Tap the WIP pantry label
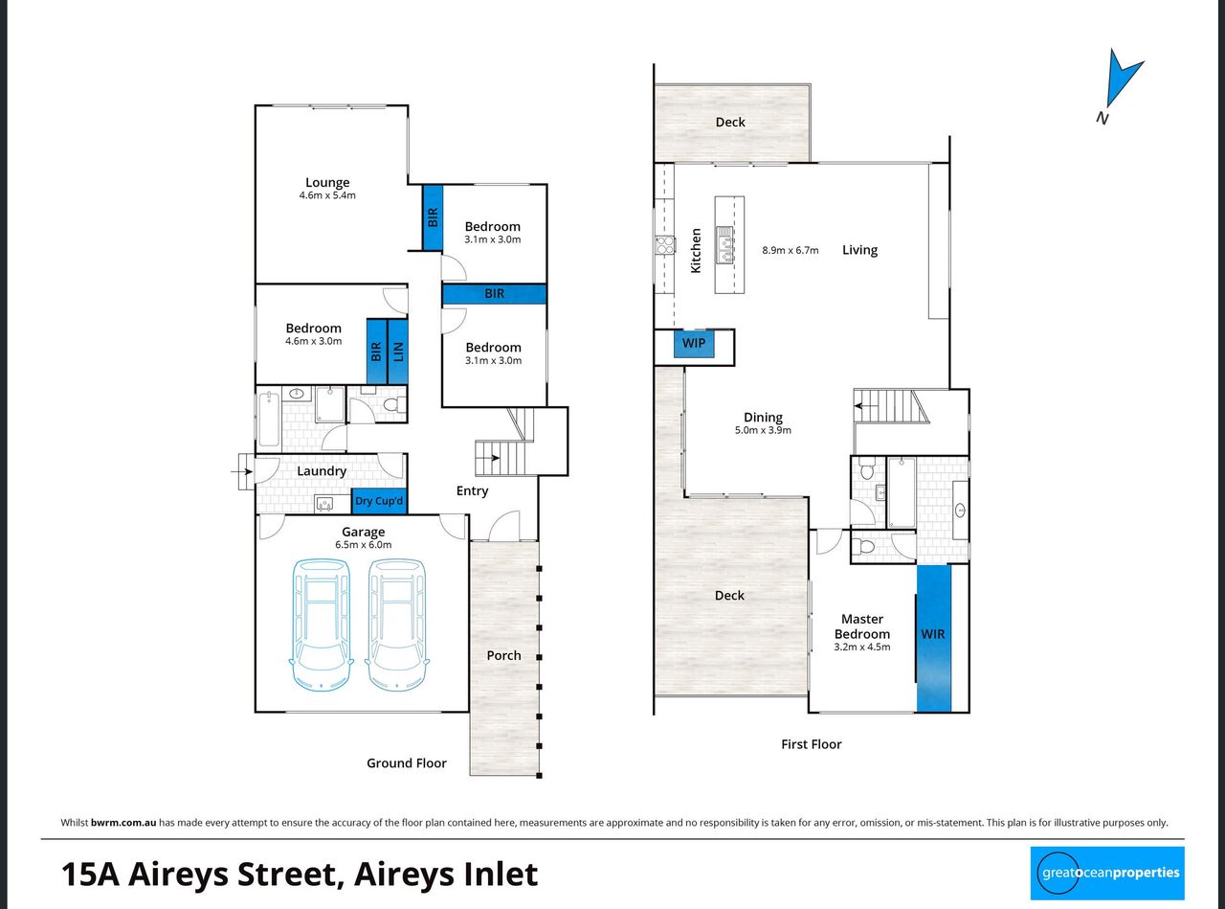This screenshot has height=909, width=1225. pyautogui.click(x=693, y=343)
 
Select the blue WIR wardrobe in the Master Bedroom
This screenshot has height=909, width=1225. pyautogui.click(x=933, y=638)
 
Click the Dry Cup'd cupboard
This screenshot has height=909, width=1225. pyautogui.click(x=379, y=501)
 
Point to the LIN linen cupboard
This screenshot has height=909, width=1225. pyautogui.click(x=398, y=352)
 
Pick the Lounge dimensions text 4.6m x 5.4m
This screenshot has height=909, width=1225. pyautogui.click(x=327, y=195)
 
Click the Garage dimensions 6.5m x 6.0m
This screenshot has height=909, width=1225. pyautogui.click(x=363, y=545)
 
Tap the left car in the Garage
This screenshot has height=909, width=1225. pyautogui.click(x=321, y=625)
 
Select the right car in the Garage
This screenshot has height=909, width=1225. pyautogui.click(x=397, y=625)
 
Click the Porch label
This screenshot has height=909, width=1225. pyautogui.click(x=503, y=655)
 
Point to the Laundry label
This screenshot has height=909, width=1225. pyautogui.click(x=322, y=471)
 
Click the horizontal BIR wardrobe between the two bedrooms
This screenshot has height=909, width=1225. pyautogui.click(x=495, y=294)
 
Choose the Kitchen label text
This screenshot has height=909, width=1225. pyautogui.click(x=696, y=250)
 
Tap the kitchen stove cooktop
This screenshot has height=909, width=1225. pyautogui.click(x=665, y=245)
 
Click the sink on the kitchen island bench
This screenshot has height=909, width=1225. pyautogui.click(x=724, y=244)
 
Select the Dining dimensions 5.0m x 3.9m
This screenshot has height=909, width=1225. pyautogui.click(x=763, y=430)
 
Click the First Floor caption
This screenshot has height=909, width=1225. pyautogui.click(x=812, y=744)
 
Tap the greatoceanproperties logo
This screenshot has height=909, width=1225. pyautogui.click(x=1107, y=873)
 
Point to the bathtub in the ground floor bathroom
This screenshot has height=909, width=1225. pyautogui.click(x=269, y=419)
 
